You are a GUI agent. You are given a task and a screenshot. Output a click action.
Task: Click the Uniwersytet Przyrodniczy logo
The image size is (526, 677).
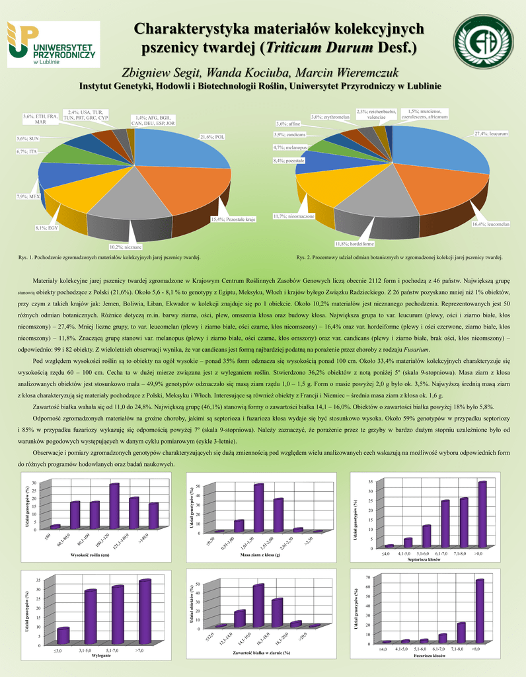[x=53, y=44]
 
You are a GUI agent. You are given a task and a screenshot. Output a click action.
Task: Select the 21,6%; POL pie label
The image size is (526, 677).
[x=213, y=137]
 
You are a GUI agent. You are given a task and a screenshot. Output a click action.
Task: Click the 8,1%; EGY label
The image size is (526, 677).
[x=46, y=228]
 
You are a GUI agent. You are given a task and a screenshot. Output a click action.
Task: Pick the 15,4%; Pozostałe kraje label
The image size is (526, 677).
[x=233, y=219]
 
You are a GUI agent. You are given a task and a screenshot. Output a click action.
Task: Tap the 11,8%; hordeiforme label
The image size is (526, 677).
[x=355, y=243]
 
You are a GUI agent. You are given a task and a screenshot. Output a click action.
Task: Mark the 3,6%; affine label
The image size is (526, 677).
[x=288, y=124]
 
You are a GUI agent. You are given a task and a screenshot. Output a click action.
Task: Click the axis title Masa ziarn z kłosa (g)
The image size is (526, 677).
[x=261, y=555]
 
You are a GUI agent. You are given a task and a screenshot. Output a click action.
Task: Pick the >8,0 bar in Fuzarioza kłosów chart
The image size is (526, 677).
[x=480, y=610]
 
